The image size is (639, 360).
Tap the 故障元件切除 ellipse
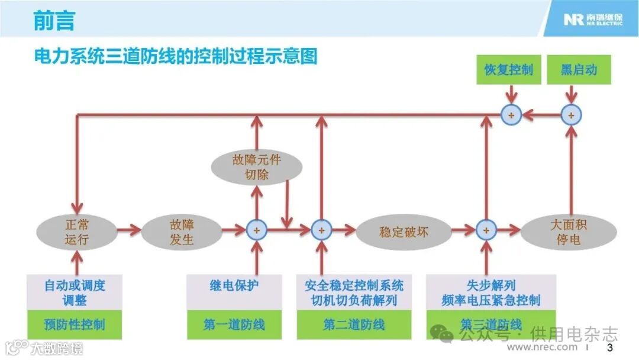(256, 167)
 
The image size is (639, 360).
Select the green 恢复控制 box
(508, 69)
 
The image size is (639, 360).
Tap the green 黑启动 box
(579, 69)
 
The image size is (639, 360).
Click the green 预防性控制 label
(75, 324)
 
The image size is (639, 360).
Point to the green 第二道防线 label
(354, 324)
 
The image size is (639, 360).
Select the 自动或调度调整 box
(75, 292)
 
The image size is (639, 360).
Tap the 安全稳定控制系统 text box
(354, 292)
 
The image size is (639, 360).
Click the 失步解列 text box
(491, 292)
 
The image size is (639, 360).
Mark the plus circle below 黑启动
(570, 115)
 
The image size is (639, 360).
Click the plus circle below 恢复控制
(511, 115)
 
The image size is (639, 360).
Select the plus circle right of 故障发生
(257, 230)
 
